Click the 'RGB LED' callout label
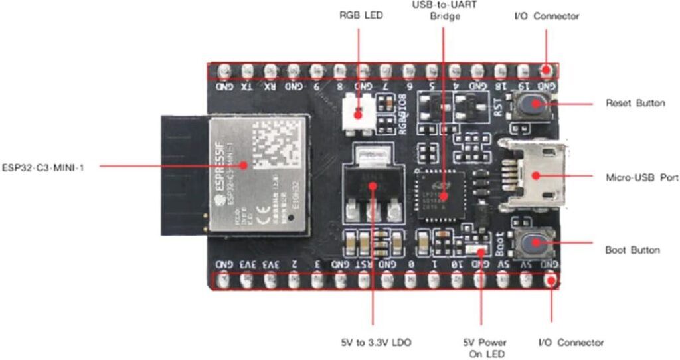click(361, 15)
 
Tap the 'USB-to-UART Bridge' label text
click(445, 9)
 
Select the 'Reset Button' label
click(634, 103)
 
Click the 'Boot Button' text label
click(632, 250)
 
